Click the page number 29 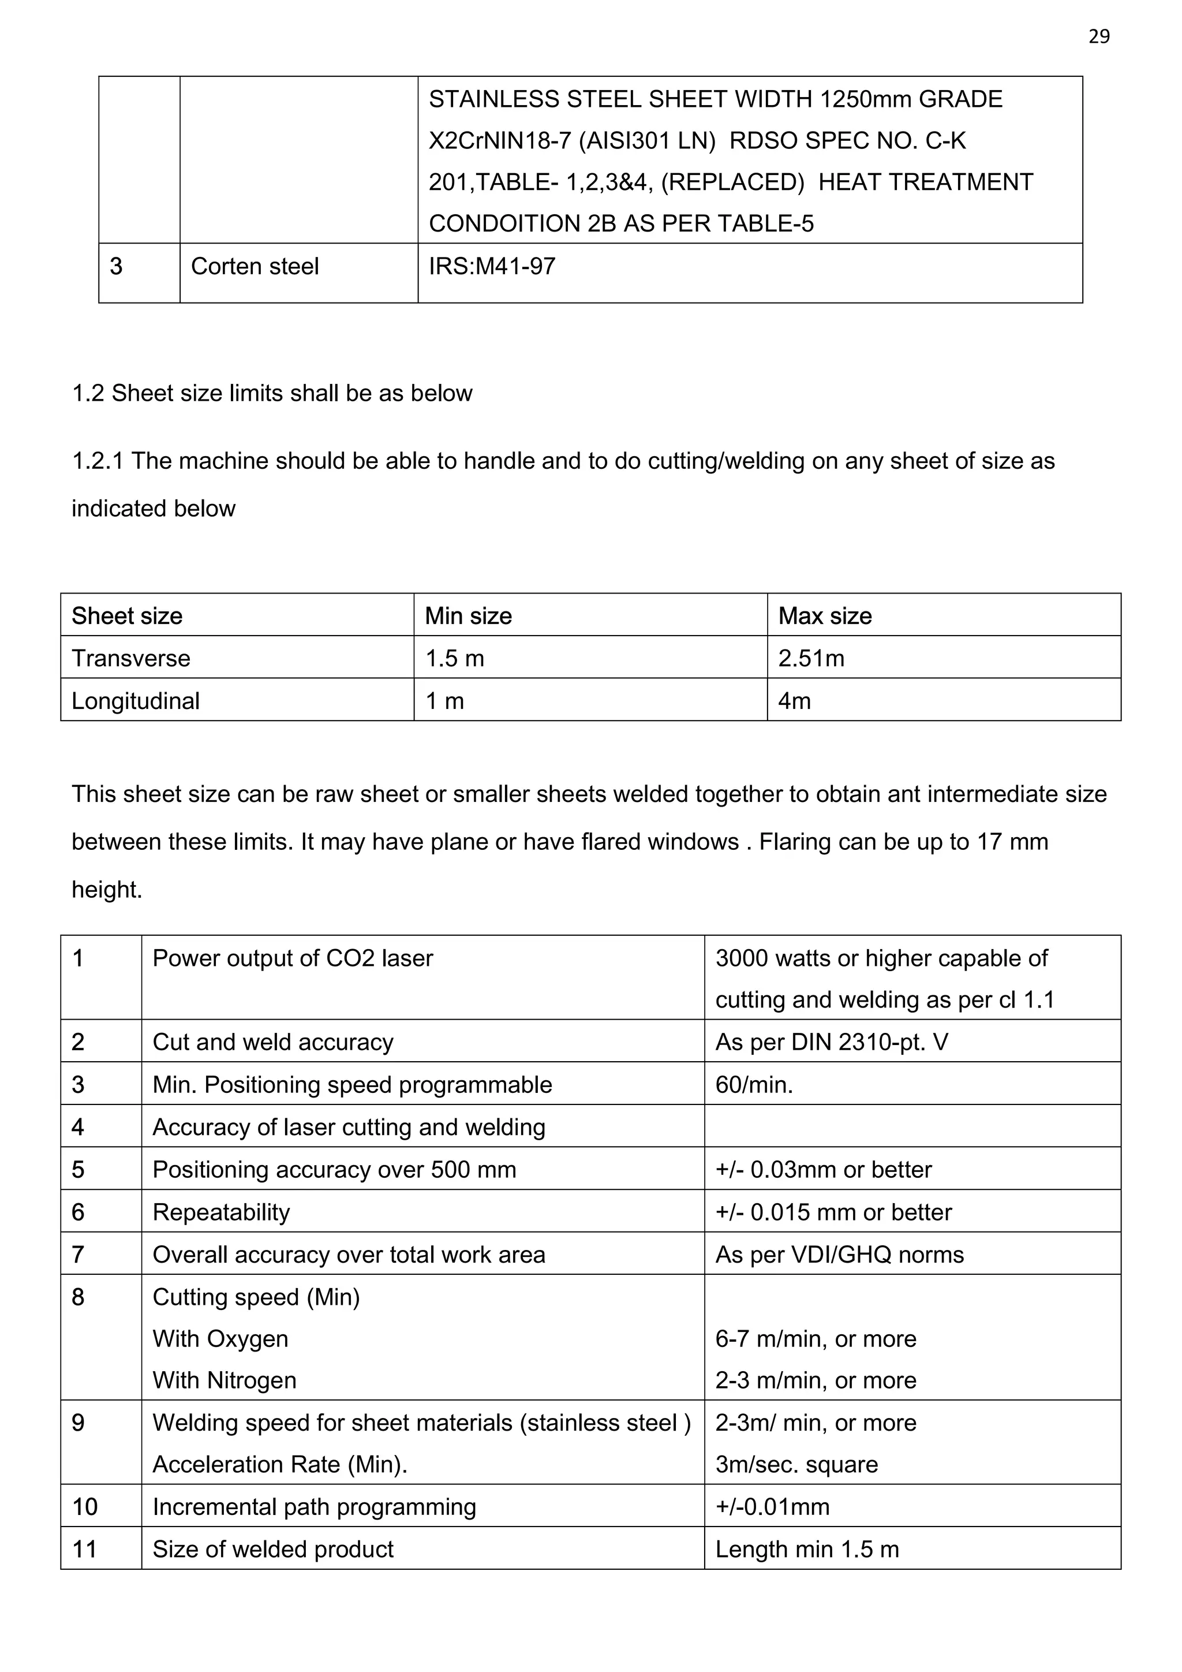coord(1098,36)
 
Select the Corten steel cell coord(255,267)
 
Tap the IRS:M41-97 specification coord(492,267)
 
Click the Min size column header coord(468,616)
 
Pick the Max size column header coord(825,616)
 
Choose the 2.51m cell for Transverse coord(811,658)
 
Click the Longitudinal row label coord(136,700)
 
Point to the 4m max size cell coord(794,700)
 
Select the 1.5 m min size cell coord(454,658)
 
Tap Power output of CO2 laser coord(293,958)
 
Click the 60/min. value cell coord(754,1084)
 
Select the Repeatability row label coord(221,1212)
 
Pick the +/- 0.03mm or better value coord(823,1170)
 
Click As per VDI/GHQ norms coord(839,1254)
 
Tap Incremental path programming coord(315,1507)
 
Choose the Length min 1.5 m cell coord(807,1549)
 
